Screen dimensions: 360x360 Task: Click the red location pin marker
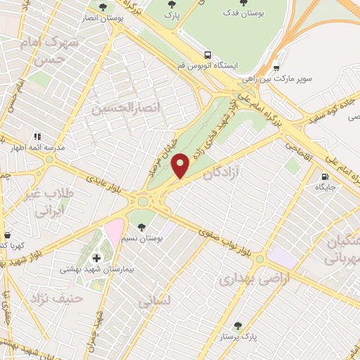pyautogui.click(x=181, y=165)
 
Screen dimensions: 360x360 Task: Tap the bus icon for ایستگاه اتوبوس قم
pyautogui.click(x=207, y=54)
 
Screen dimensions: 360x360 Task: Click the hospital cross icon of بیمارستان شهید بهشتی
pyautogui.click(x=96, y=258)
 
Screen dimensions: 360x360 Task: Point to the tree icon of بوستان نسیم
pyautogui.click(x=143, y=226)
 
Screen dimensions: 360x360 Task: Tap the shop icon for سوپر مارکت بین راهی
pyautogui.click(x=276, y=69)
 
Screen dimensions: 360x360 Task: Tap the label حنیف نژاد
pyautogui.click(x=57, y=300)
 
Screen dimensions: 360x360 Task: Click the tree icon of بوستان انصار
pyautogui.click(x=103, y=6)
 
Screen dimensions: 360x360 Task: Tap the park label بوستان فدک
pyautogui.click(x=243, y=13)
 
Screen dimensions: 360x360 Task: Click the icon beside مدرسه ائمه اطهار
pyautogui.click(x=37, y=136)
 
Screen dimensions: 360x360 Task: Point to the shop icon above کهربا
pyautogui.click(x=7, y=236)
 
